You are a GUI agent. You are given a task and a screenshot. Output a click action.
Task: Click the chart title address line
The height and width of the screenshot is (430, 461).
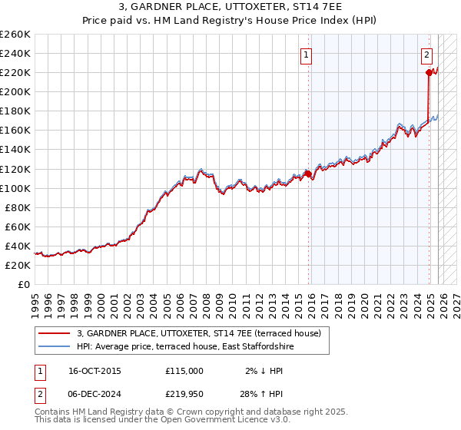230,7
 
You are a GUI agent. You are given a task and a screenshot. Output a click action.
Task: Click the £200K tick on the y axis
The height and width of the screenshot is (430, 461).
15,91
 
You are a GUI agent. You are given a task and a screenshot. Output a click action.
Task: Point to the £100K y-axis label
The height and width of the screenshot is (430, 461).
15,188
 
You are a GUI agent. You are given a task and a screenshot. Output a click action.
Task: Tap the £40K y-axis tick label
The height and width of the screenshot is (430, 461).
18,246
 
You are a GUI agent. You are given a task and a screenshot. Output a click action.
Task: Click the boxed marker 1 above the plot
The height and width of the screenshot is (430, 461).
307,55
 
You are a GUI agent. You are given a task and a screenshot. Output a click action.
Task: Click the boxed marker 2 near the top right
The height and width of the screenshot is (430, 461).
426,55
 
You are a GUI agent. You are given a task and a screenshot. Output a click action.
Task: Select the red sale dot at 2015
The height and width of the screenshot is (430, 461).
308,174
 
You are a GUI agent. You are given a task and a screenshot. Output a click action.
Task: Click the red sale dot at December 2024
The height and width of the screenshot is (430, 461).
428,73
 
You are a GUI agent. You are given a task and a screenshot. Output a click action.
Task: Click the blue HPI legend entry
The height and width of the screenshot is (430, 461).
185,347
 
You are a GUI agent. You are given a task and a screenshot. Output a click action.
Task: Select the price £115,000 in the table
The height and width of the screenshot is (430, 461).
184,371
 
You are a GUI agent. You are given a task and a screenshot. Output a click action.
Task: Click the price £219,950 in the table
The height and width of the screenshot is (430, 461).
184,394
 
